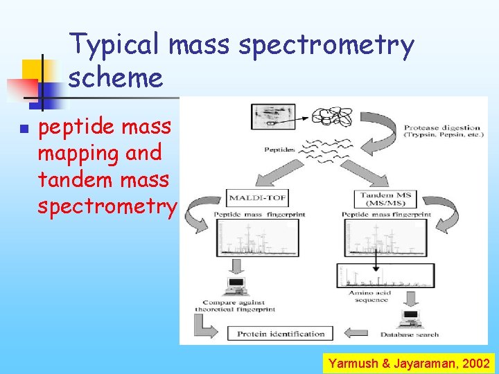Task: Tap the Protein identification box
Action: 281,334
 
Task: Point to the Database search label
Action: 418,335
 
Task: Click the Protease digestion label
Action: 441,131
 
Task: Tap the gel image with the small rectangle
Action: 272,116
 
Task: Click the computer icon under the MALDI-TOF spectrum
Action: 235,284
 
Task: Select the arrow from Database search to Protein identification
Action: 360,334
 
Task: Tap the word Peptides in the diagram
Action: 279,150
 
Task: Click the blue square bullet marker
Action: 23,129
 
